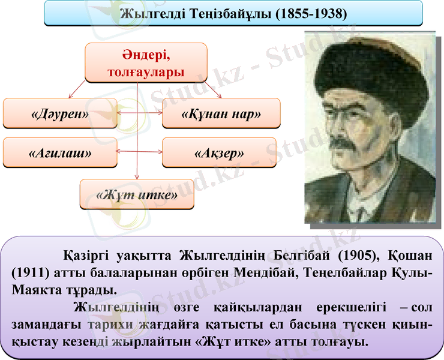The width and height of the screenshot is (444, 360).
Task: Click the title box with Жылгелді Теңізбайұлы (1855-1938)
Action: point(233,13)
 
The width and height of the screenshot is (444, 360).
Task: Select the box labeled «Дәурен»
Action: point(60,114)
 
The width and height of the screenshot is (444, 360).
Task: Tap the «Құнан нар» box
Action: point(221,114)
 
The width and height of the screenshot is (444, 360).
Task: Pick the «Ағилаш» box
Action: point(60,153)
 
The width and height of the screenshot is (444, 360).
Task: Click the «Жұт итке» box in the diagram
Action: point(137,194)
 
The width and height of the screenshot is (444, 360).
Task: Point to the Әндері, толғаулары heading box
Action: point(146,63)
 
